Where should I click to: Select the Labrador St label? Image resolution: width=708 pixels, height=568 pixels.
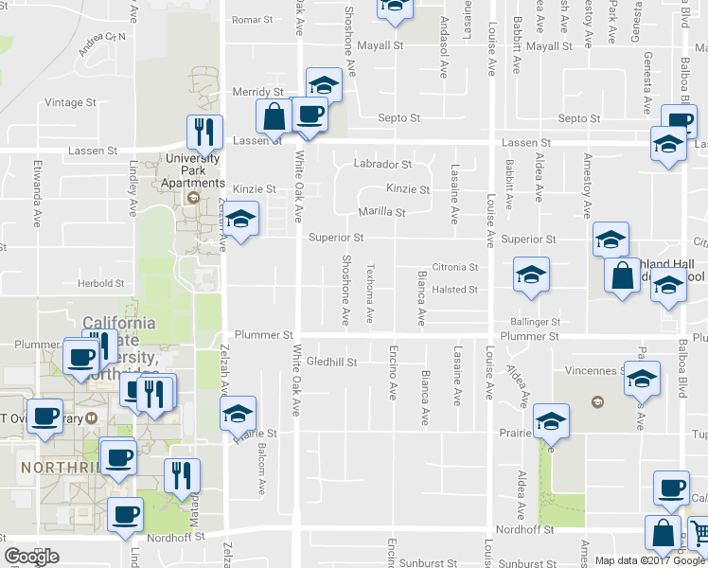[x=382, y=164]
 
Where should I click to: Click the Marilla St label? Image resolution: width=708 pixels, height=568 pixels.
[x=381, y=213]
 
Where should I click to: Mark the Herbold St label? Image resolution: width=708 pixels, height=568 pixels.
[x=101, y=283]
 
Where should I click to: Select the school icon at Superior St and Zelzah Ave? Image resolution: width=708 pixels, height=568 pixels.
[x=241, y=220]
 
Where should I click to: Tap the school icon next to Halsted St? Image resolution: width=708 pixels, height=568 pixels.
[x=531, y=275]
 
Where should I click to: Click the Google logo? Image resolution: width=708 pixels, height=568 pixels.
[x=31, y=557]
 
